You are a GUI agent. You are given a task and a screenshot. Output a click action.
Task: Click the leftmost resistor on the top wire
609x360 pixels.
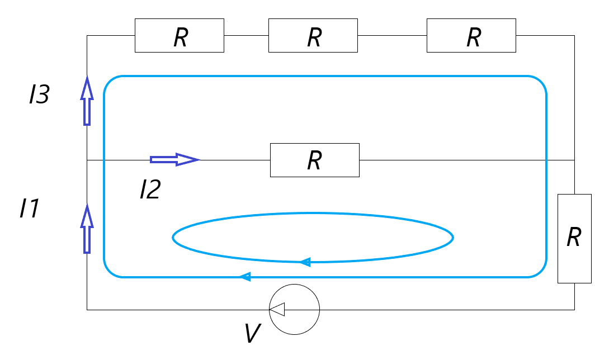[x=179, y=36]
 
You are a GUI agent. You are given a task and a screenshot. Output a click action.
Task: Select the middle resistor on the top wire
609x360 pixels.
[x=313, y=36]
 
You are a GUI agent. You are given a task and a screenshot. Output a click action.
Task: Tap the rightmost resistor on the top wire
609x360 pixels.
[x=471, y=36]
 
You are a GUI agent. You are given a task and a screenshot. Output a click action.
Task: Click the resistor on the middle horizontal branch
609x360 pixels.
[x=314, y=160]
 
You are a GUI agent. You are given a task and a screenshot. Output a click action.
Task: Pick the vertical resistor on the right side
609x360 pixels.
[x=574, y=239]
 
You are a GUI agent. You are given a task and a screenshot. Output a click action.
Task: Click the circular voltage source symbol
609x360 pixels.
[x=294, y=309]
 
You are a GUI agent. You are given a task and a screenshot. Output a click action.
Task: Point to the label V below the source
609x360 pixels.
[x=253, y=334]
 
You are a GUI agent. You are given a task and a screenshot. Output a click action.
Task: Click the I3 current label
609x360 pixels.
[x=39, y=96]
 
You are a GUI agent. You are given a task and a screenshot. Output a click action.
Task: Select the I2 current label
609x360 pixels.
[x=150, y=190]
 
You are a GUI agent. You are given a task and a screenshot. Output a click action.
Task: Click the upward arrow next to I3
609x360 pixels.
[x=87, y=101]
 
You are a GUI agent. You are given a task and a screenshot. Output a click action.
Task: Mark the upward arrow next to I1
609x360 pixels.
[x=87, y=229]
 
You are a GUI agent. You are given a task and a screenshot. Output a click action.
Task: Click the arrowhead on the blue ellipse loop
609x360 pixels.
[x=305, y=261]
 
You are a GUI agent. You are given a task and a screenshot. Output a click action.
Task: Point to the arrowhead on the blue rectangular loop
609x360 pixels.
[x=244, y=276]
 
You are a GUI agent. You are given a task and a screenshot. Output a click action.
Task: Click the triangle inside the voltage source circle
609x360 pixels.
[x=277, y=309]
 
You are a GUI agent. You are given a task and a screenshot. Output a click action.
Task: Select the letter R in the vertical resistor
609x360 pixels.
[x=574, y=238]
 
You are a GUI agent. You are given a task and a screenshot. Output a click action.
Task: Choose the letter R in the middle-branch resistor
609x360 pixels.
[x=314, y=161]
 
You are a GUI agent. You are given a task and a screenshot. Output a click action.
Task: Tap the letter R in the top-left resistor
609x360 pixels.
[x=180, y=37]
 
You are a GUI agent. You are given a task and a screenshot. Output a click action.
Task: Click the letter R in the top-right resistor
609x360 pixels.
[x=473, y=37]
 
